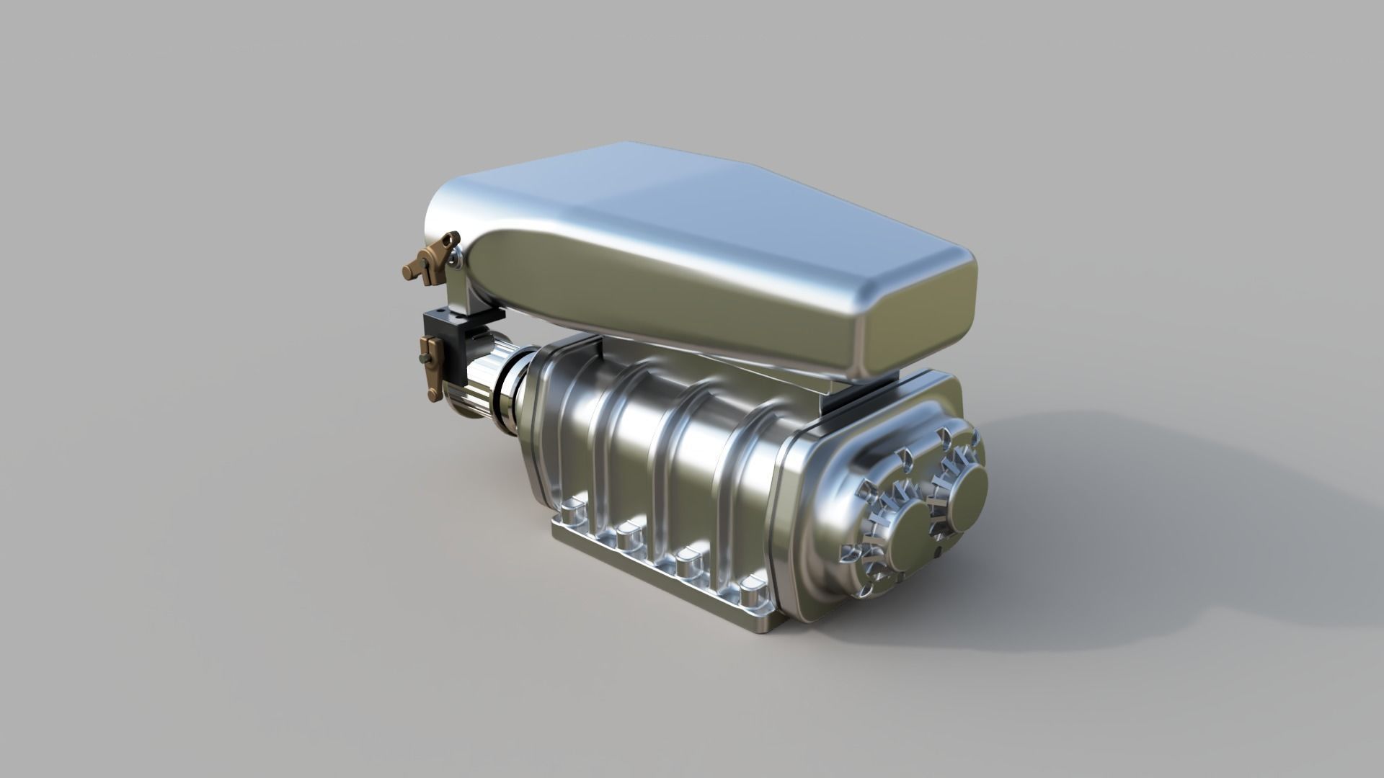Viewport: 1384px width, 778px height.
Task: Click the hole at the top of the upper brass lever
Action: (x=453, y=238)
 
